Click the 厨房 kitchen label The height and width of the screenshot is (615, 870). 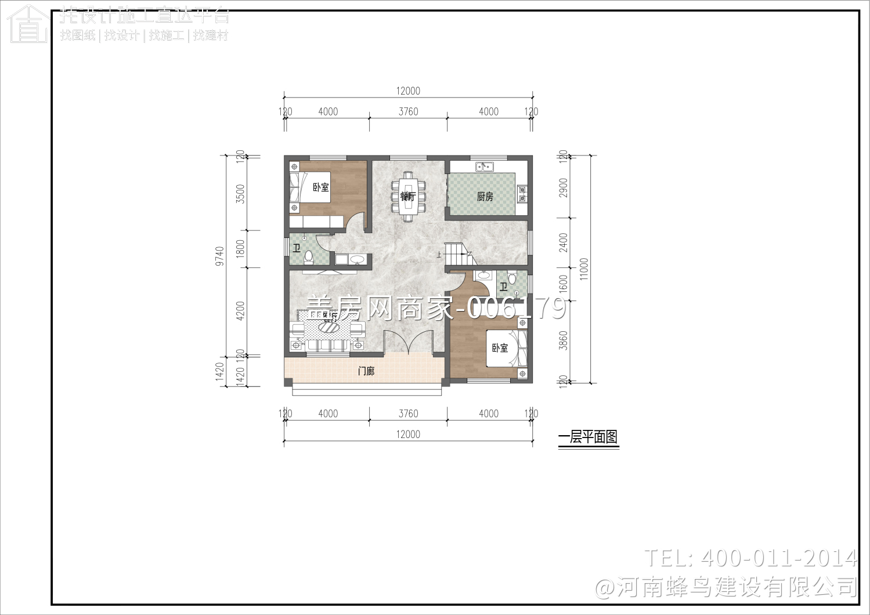485,197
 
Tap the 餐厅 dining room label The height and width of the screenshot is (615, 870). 407,196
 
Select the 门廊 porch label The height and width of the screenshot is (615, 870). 366,371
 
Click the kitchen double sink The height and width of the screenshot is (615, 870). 484,167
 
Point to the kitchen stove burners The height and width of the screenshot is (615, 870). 522,193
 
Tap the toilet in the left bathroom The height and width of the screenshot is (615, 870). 309,255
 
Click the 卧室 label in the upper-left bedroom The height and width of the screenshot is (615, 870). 320,187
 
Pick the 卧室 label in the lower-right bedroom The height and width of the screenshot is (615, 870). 500,348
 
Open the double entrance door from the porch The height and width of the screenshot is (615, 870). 409,343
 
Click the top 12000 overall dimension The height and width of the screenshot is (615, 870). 408,91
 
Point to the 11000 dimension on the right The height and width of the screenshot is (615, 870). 584,269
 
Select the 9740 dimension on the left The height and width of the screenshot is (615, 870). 219,256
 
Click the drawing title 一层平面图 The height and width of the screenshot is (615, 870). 588,437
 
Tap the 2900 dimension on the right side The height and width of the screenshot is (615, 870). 563,187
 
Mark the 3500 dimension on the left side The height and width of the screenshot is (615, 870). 240,193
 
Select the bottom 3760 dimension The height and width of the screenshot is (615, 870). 408,414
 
